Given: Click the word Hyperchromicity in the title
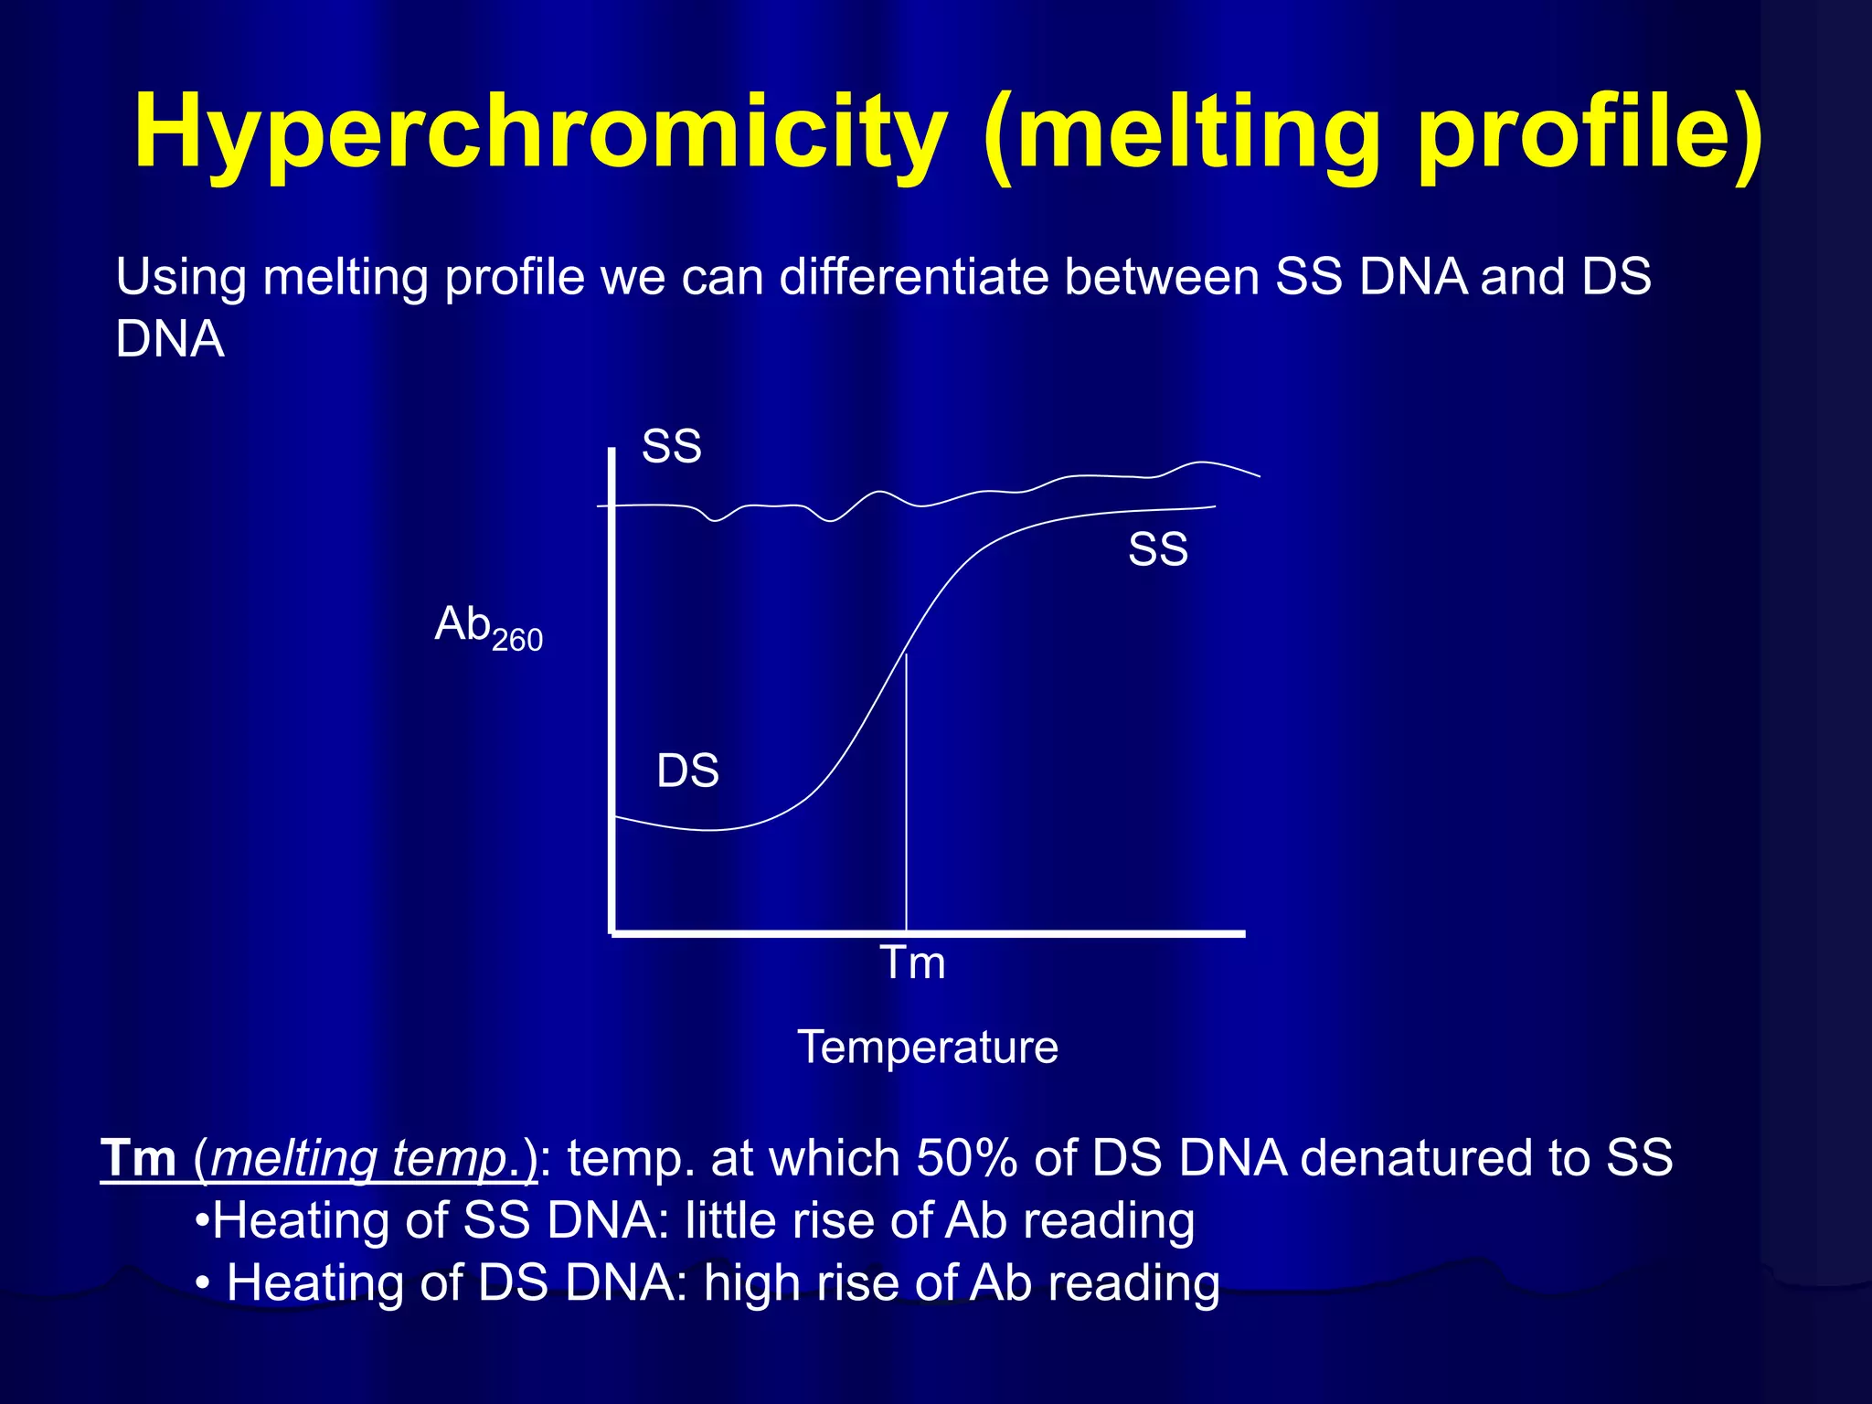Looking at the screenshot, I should click(539, 133).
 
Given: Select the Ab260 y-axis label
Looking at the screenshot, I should click(488, 628).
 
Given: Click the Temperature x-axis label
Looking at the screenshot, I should click(927, 1047).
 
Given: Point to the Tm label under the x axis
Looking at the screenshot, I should click(912, 963).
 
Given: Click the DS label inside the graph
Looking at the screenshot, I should click(687, 771).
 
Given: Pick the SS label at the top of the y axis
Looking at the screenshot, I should click(671, 447).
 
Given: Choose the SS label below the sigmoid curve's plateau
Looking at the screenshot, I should click(1157, 549).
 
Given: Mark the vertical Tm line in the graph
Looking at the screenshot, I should click(906, 795).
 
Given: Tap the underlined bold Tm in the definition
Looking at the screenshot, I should click(138, 1158).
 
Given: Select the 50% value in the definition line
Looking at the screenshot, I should click(967, 1158).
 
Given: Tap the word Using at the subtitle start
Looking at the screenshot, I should click(181, 276).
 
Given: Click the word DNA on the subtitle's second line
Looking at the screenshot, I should click(170, 339).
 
